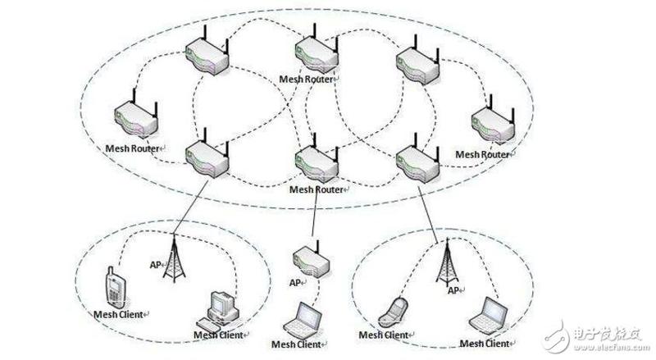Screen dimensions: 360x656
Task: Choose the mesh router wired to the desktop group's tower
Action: [205, 151]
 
